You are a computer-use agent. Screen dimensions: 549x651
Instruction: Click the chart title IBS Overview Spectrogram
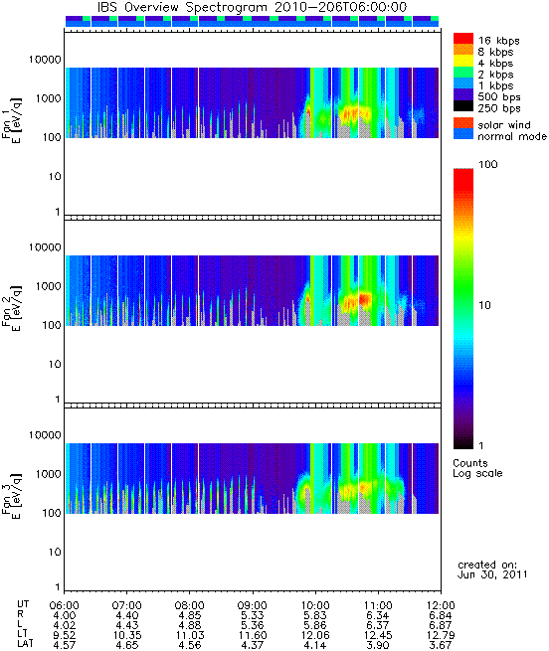click(x=181, y=8)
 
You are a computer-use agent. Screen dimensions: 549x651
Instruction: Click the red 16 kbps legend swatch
click(x=463, y=39)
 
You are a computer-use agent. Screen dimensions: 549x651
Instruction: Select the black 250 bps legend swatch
click(x=463, y=106)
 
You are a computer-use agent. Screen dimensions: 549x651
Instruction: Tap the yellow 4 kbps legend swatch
click(x=463, y=62)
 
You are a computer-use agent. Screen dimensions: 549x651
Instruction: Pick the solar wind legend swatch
click(x=463, y=123)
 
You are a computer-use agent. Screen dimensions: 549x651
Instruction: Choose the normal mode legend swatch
click(x=463, y=134)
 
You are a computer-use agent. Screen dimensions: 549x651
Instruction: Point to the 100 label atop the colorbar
click(x=488, y=164)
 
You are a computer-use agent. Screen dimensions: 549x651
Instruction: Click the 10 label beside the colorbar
click(x=484, y=305)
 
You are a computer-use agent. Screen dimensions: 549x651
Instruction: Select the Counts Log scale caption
click(x=477, y=468)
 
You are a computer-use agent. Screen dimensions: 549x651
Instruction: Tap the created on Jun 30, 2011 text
click(x=492, y=570)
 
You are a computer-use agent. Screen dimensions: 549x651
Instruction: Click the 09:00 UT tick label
click(x=253, y=605)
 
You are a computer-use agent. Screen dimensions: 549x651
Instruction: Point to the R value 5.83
click(x=315, y=615)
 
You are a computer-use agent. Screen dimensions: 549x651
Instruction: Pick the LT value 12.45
click(x=378, y=635)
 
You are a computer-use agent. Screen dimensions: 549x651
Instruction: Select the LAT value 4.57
click(x=65, y=645)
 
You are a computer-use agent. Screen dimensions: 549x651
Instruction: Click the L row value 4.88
click(x=190, y=625)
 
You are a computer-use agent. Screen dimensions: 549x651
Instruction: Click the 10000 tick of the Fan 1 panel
click(x=45, y=60)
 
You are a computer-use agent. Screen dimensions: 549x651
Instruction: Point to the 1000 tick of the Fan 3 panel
click(x=48, y=474)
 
